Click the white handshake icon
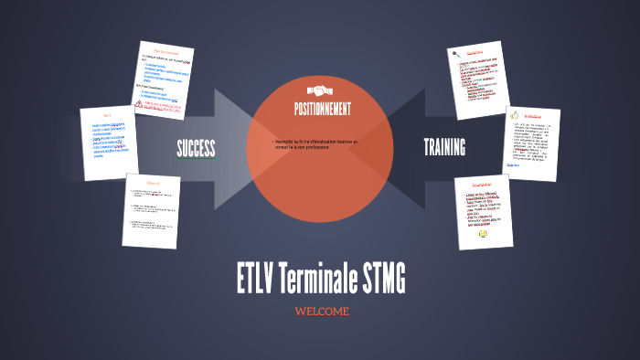(321, 91)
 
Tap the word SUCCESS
(196, 148)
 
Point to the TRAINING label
(444, 147)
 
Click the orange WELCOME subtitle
(321, 312)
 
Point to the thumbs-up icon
(515, 116)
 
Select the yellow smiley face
(484, 234)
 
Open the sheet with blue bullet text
(107, 142)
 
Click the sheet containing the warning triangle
(165, 80)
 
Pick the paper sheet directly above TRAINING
(478, 79)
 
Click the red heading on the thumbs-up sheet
(535, 115)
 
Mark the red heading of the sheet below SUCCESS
(152, 183)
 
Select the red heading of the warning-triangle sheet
(166, 51)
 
